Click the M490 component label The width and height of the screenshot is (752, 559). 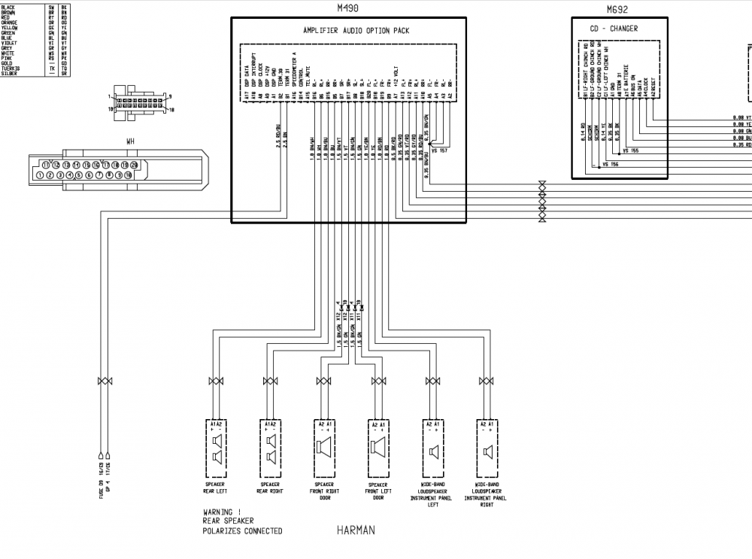point(349,9)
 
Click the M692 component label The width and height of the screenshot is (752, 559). point(617,10)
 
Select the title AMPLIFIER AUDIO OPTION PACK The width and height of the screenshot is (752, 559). point(349,31)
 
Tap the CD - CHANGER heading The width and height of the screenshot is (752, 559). point(614,29)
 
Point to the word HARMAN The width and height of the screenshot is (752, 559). point(356,530)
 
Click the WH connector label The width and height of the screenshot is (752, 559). point(130,141)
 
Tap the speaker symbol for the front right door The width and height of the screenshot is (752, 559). point(325,449)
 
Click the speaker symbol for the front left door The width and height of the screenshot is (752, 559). point(378,449)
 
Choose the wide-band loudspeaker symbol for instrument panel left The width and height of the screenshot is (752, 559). point(433,449)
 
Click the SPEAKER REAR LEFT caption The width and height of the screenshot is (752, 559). point(215,488)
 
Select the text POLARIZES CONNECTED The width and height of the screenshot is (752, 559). point(242,531)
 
